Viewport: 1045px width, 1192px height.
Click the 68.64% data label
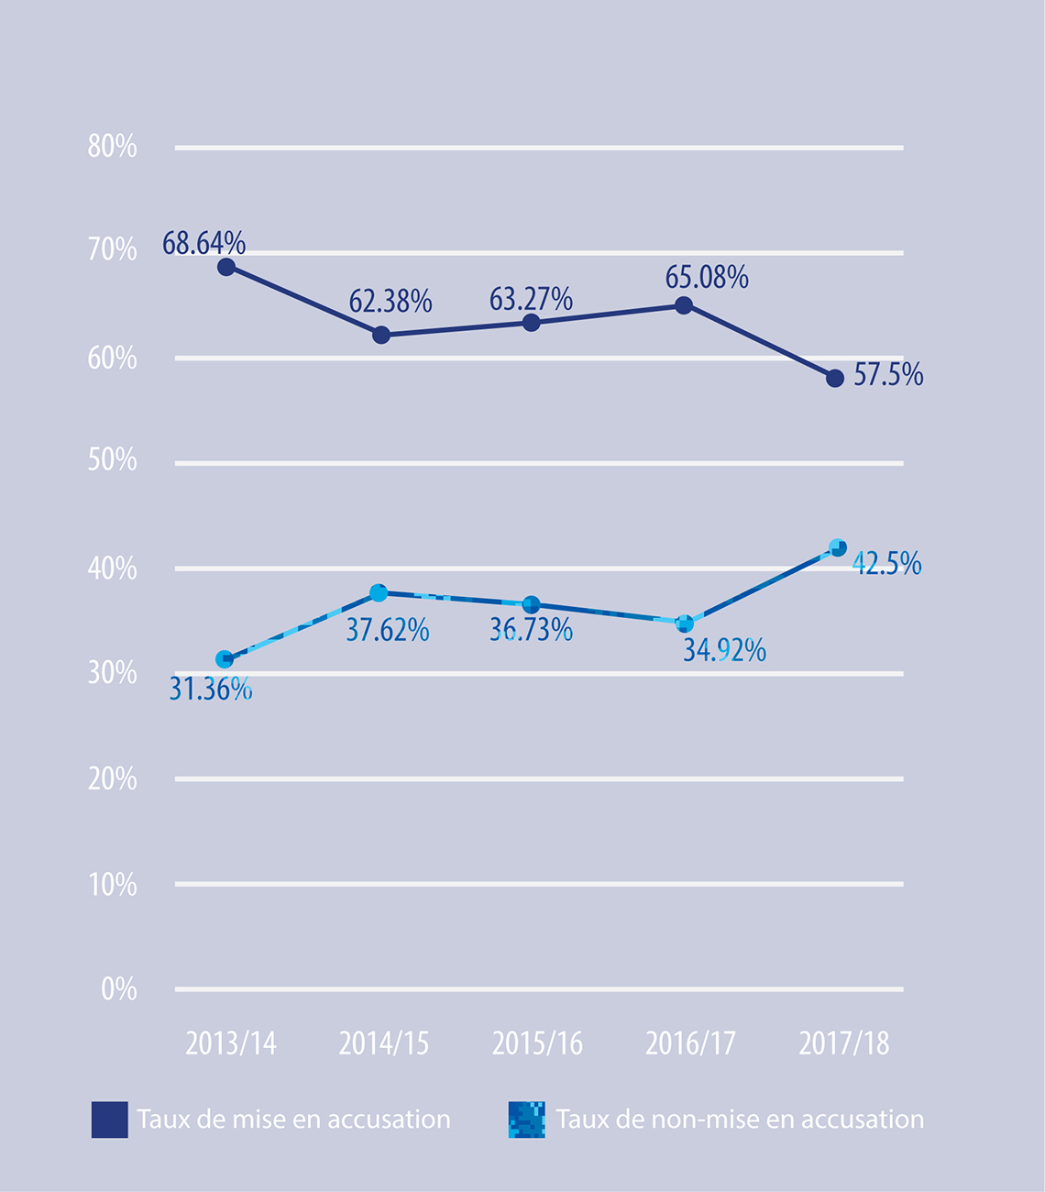pos(203,244)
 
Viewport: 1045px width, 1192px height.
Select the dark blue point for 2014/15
pos(381,336)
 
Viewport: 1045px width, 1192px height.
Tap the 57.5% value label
pos(887,375)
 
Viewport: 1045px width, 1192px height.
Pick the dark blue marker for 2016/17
pos(684,305)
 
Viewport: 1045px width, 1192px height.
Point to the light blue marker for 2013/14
pos(225,659)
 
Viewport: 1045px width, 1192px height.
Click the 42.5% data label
pos(886,564)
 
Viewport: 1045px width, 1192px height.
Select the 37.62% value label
pos(387,631)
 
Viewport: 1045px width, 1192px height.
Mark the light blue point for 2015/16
pos(531,604)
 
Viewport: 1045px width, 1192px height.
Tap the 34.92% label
pos(724,650)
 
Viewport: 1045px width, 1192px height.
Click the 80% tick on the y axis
pos(112,147)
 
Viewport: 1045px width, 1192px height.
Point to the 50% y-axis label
pos(112,460)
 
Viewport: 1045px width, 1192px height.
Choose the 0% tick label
pos(118,989)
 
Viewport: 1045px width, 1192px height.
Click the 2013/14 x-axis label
pos(230,1043)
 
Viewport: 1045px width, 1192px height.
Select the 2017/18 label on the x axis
pos(843,1043)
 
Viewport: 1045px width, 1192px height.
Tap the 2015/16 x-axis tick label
pos(537,1043)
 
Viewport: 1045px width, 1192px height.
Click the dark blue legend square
pos(109,1120)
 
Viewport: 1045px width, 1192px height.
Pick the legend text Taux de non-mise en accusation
pos(740,1120)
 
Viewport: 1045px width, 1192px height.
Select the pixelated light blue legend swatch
pos(527,1120)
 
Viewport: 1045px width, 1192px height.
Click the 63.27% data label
pos(531,300)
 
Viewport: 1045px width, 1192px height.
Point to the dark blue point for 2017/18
pos(835,378)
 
